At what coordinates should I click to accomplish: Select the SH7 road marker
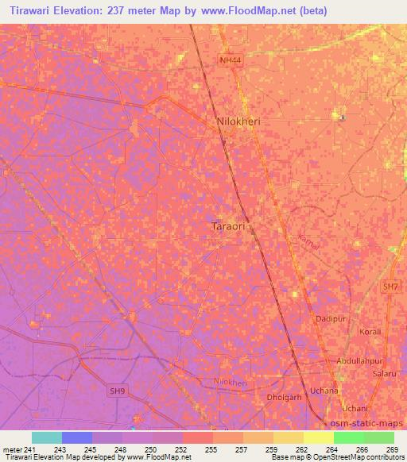[x=388, y=287]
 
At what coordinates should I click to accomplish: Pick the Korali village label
[x=370, y=332]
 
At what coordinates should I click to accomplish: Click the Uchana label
[x=324, y=391]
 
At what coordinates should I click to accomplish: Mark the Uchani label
[x=355, y=408]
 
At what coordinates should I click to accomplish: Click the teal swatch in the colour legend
[x=46, y=437]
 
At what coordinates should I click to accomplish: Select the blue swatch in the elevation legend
[x=76, y=437]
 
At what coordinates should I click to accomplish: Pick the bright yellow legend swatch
[x=318, y=437]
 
